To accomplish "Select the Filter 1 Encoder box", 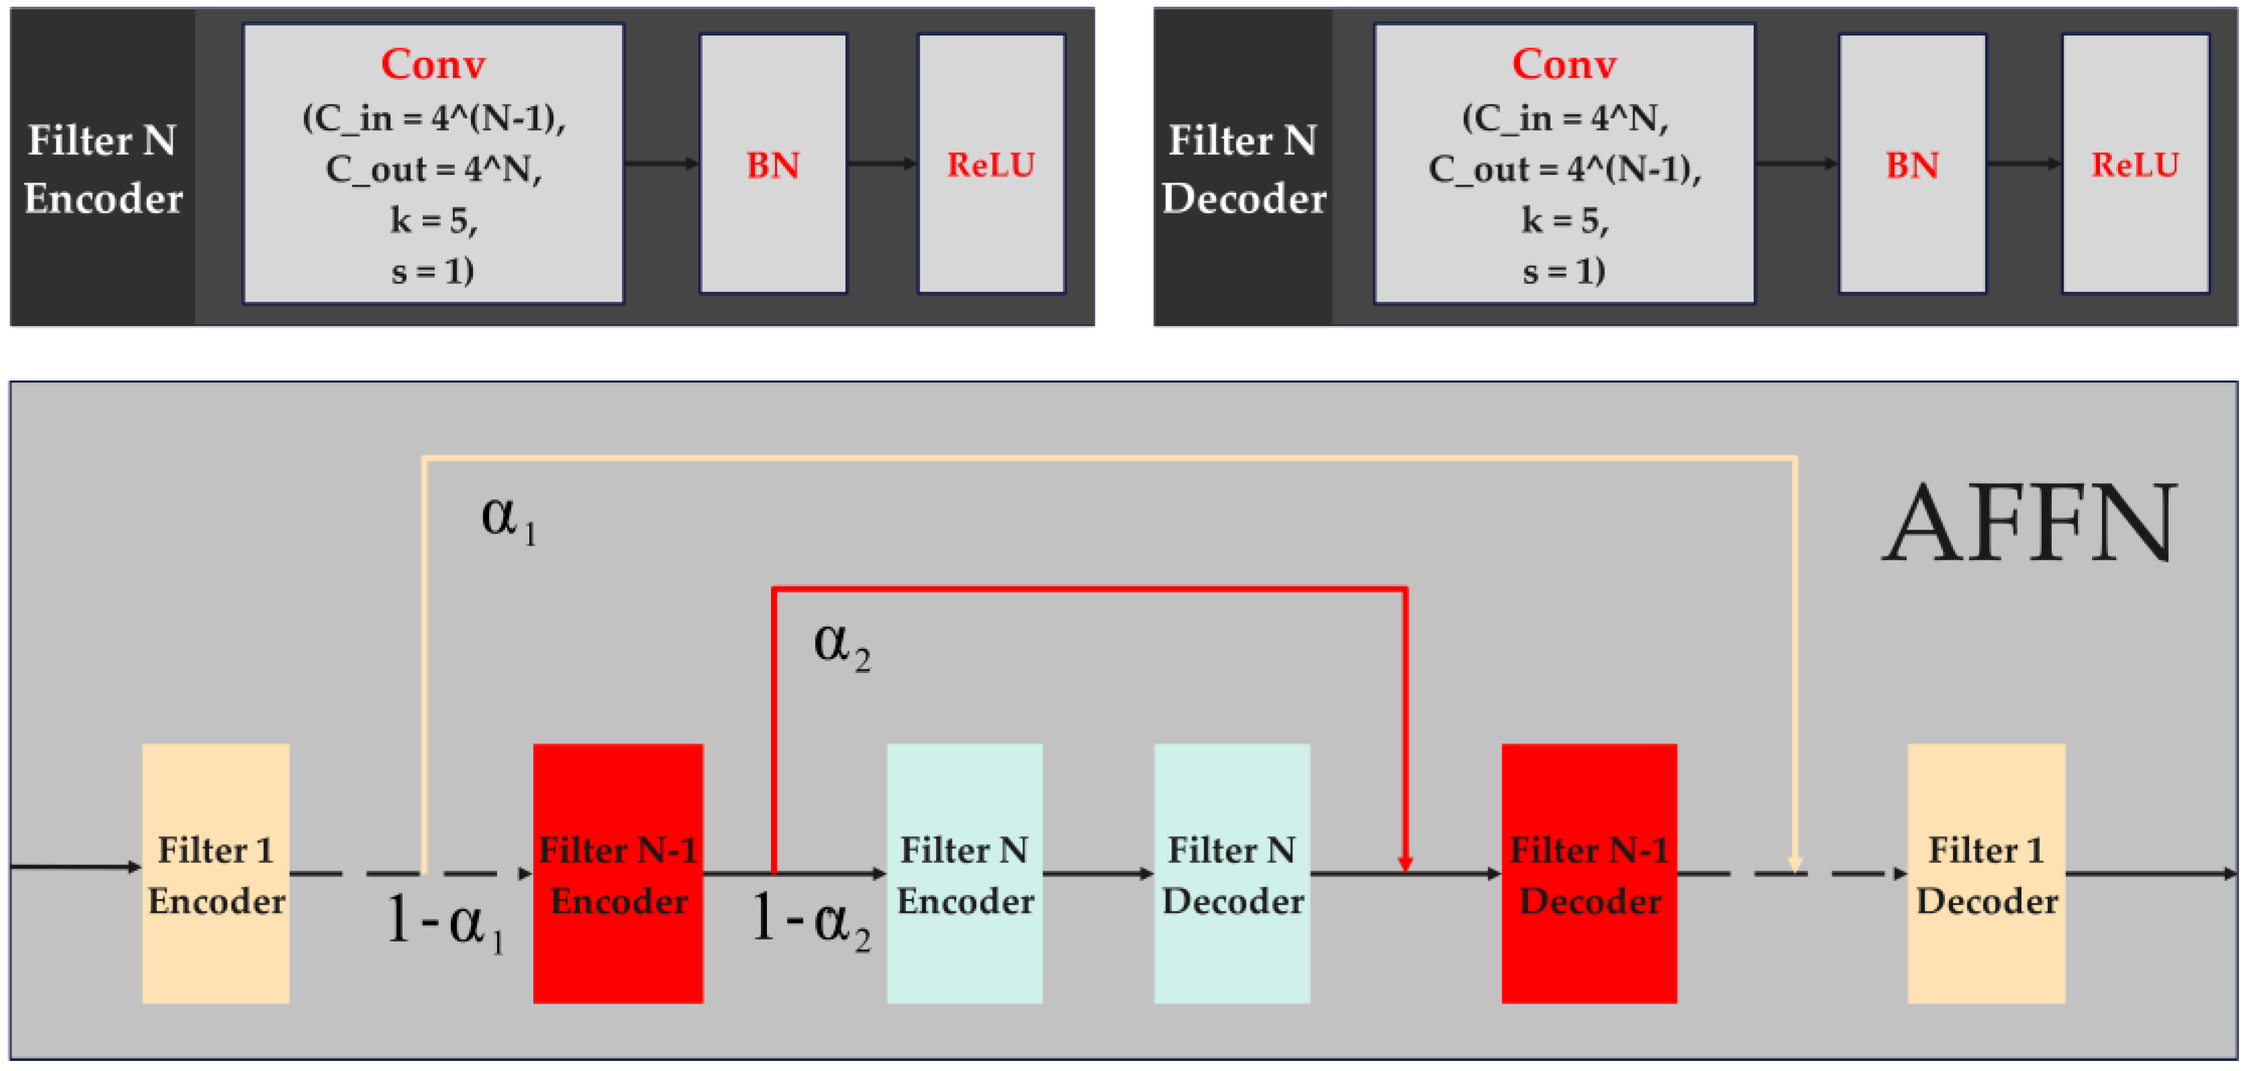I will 215,873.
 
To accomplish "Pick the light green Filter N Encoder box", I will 964,873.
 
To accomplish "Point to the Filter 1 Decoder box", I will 1985,873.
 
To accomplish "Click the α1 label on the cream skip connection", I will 508,518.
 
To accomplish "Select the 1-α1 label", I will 444,922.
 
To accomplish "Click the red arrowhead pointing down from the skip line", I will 1405,863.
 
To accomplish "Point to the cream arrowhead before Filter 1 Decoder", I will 1795,864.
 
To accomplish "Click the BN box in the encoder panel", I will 772,164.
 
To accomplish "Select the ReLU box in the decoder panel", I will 2135,164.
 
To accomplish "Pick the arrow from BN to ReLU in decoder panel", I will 2024,164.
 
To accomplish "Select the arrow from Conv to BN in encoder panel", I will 662,164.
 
